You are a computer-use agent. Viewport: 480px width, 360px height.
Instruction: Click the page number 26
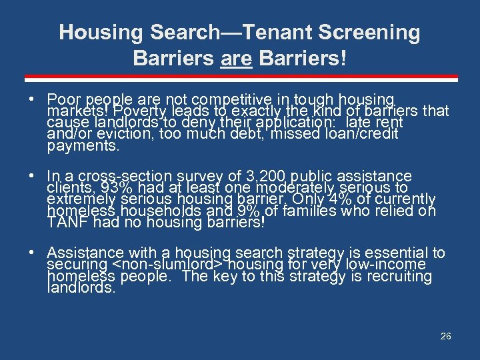(445, 336)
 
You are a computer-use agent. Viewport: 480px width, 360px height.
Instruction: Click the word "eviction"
(101, 134)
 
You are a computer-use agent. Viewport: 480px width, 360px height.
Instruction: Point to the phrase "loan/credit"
(367, 134)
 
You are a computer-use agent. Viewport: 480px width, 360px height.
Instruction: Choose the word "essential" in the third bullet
(396, 253)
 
